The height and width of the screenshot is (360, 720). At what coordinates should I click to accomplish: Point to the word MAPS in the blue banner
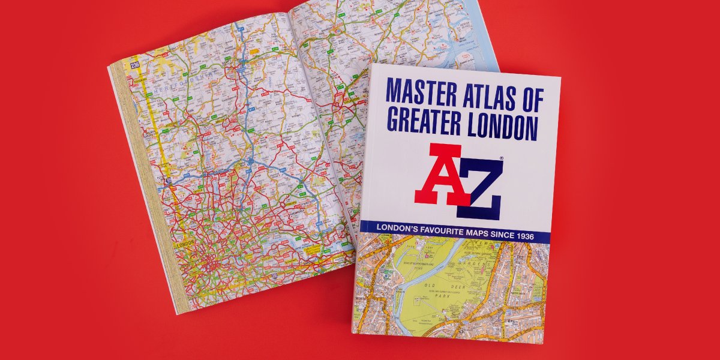click(475, 230)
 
